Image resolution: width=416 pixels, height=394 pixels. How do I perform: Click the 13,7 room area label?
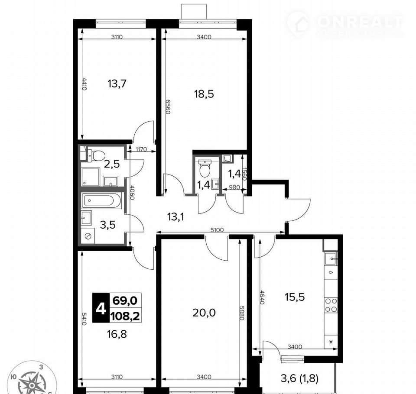(117, 84)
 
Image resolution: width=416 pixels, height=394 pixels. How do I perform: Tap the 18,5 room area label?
(204, 94)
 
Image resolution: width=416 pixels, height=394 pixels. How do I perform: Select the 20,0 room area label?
(204, 313)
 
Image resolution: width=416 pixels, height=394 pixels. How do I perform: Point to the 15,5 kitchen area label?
(295, 297)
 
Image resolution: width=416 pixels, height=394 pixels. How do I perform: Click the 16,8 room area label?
(117, 334)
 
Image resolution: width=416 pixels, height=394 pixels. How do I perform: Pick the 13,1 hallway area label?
(175, 217)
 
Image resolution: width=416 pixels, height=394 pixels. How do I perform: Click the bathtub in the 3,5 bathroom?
(102, 200)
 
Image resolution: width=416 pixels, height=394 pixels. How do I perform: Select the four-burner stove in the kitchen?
(331, 305)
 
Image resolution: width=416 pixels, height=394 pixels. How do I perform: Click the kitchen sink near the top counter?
(331, 258)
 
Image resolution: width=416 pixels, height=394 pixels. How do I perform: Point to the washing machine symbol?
(88, 235)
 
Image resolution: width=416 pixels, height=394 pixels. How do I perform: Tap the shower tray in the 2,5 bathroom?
(90, 177)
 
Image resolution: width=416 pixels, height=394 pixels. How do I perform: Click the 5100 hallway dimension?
(217, 230)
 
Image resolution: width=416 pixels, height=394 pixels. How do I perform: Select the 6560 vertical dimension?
(168, 107)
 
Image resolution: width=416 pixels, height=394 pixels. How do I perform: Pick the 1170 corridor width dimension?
(141, 149)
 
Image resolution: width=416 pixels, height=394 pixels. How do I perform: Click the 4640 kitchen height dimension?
(262, 297)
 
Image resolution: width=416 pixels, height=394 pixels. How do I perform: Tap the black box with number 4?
(101, 308)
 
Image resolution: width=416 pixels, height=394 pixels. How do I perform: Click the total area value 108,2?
(125, 316)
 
